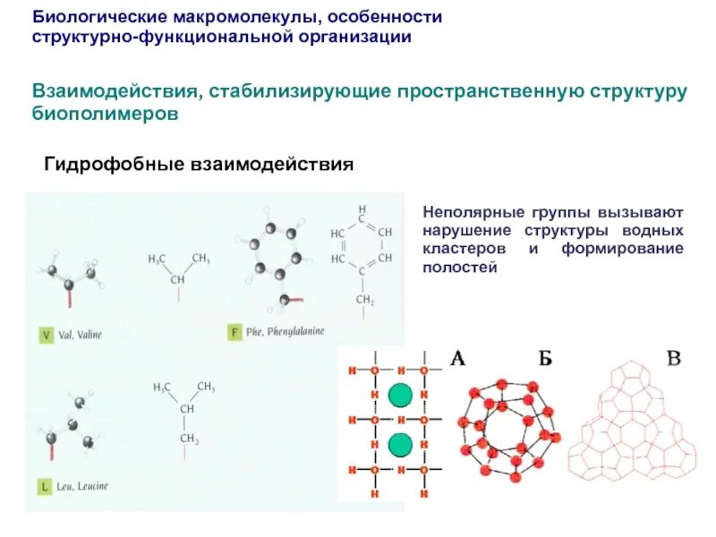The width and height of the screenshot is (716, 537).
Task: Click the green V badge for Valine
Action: [x=46, y=336]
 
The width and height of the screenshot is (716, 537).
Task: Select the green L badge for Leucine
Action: [x=45, y=487]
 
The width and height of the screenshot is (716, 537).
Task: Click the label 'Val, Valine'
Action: [x=81, y=336]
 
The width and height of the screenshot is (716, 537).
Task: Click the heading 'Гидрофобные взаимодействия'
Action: [x=199, y=166]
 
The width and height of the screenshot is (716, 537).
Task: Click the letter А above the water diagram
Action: [x=456, y=359]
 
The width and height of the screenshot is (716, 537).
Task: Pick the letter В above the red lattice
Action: [x=675, y=359]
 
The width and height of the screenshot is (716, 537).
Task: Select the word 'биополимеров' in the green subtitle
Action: [x=107, y=115]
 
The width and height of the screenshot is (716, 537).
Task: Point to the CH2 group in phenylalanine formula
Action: [x=363, y=300]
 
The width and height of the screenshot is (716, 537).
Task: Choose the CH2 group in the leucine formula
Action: [x=188, y=439]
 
